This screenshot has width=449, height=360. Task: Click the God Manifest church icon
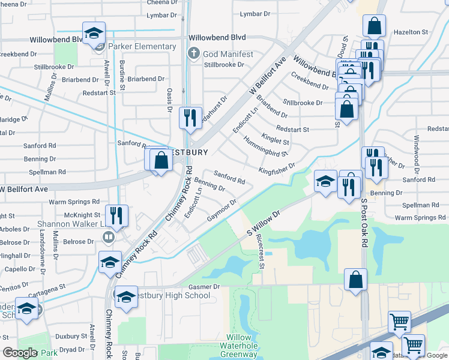tap(193, 54)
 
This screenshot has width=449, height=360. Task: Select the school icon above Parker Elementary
tap(94, 33)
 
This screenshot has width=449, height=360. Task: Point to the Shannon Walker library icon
tap(109, 237)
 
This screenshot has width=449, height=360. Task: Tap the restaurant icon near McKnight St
tap(116, 215)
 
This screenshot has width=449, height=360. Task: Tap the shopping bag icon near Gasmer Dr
tap(355, 279)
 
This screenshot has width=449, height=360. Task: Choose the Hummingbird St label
tap(266, 149)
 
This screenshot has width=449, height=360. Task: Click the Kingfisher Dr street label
tap(277, 169)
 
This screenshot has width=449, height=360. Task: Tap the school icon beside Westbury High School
tap(125, 298)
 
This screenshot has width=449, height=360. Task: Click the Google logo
tap(20, 353)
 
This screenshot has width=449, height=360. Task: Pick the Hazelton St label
tap(411, 31)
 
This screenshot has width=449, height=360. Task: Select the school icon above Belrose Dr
tap(110, 262)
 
